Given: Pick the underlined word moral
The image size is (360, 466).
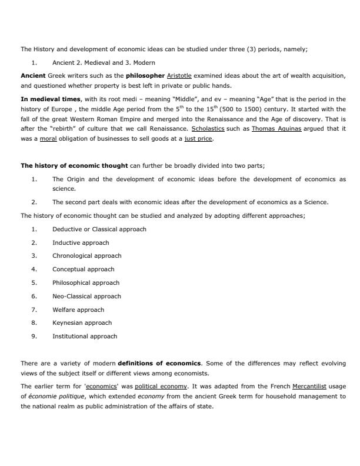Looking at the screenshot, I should [x=48, y=139].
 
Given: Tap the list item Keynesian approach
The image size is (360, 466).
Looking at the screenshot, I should [x=82, y=322].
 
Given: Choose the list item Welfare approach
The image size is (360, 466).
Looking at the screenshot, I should [x=78, y=309].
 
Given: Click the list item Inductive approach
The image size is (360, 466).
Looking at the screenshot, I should [x=81, y=242].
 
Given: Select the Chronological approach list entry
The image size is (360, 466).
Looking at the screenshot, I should [x=86, y=255].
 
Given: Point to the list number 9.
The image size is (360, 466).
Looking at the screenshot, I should [x=34, y=336].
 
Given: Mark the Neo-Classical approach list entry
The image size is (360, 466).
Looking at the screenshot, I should [x=86, y=296].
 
